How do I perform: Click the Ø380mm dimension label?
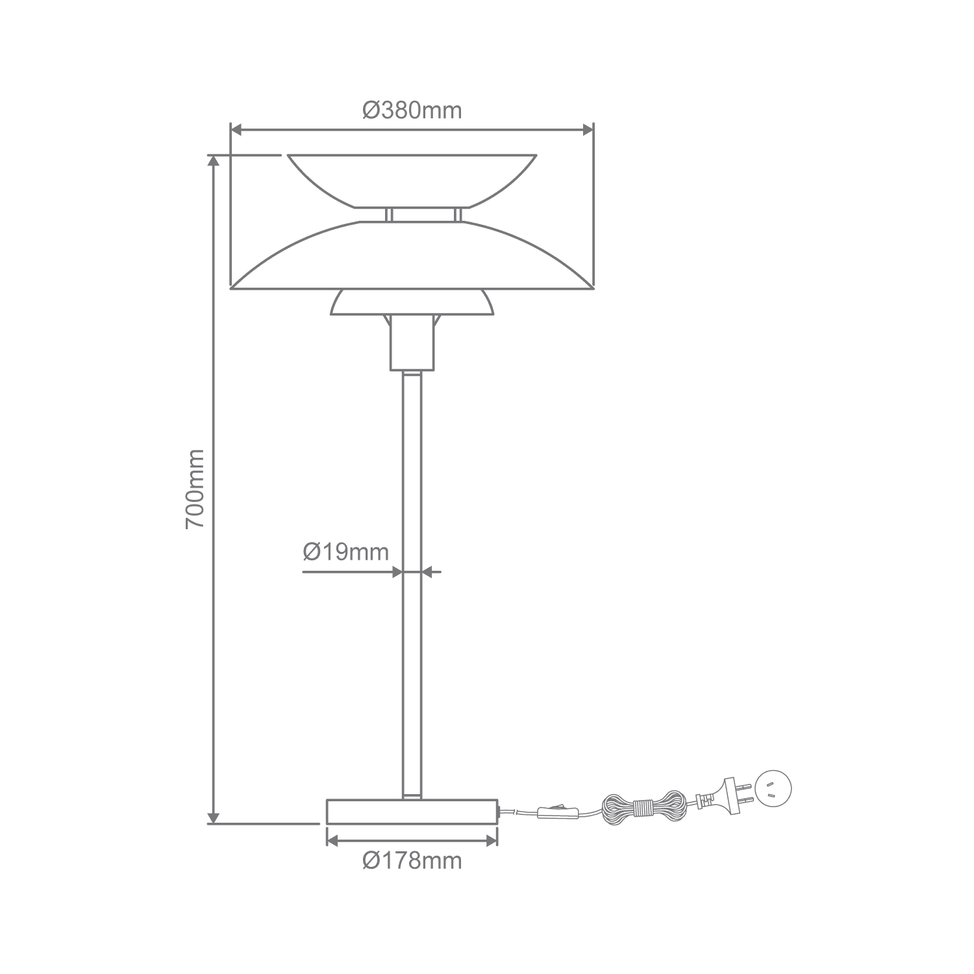pos(412,110)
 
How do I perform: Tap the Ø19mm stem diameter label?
pos(346,552)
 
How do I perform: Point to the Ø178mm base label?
pos(412,861)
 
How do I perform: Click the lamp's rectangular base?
pos(412,812)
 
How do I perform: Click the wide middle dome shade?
pos(412,255)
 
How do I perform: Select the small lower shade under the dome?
pos(412,303)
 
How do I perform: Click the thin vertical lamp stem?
pos(412,584)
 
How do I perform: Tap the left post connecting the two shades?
pos(388,214)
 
